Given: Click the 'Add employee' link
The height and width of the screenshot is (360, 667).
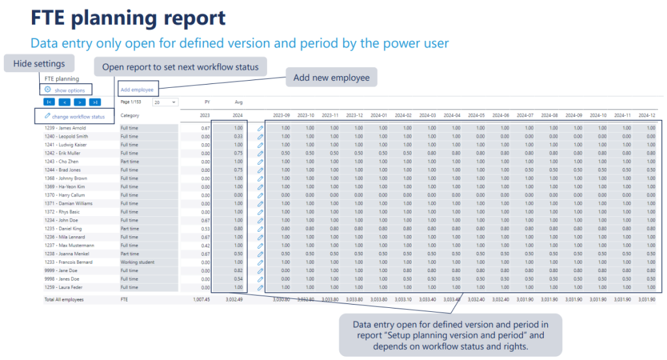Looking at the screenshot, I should pyautogui.click(x=137, y=90).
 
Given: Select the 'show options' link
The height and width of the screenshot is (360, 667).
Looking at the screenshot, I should pyautogui.click(x=69, y=90).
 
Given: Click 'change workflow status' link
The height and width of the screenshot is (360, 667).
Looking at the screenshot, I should pyautogui.click(x=78, y=116).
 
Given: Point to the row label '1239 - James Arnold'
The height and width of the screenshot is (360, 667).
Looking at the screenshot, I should pyautogui.click(x=66, y=128).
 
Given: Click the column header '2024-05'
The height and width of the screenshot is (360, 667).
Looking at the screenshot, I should pyautogui.click(x=476, y=115).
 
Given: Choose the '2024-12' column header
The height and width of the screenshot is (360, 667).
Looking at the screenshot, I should pyautogui.click(x=646, y=115).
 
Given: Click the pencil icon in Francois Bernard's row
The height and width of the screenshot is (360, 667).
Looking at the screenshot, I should pyautogui.click(x=260, y=262).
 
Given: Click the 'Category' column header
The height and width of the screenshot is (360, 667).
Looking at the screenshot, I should pyautogui.click(x=130, y=116).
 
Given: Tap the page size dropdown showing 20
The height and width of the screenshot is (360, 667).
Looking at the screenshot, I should pyautogui.click(x=165, y=102).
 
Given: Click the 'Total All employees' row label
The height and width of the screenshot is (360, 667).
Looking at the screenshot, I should pyautogui.click(x=64, y=299).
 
